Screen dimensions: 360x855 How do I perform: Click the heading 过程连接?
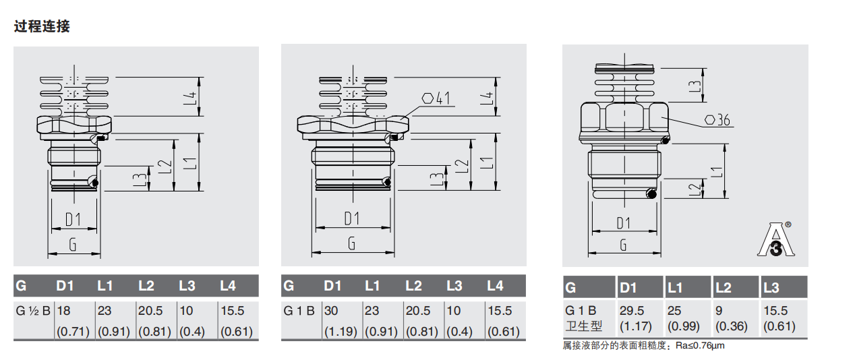(42, 27)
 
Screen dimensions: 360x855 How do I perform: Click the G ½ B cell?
(32, 311)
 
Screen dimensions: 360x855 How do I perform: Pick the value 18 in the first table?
(63, 311)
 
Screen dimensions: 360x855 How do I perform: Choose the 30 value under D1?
(331, 311)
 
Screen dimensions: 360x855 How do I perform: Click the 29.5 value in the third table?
(632, 311)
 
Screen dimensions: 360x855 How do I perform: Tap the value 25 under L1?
(674, 311)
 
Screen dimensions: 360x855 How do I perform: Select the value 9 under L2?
(719, 311)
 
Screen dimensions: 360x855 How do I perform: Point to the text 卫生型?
(583, 326)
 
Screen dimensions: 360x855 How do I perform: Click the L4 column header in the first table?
(228, 286)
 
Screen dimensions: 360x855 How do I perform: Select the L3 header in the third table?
(771, 288)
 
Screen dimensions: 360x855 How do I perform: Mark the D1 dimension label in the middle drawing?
(352, 218)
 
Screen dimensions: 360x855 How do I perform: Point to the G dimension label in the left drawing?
(73, 245)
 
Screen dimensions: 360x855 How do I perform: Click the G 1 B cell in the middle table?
(299, 311)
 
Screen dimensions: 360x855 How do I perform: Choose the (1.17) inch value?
(632, 326)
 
